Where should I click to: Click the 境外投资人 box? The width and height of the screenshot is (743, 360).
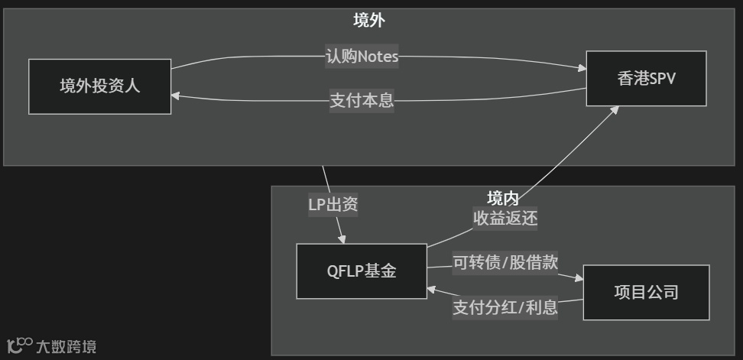click(x=99, y=86)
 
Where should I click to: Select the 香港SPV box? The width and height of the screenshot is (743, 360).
click(x=646, y=79)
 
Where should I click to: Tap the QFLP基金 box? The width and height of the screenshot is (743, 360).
click(x=362, y=271)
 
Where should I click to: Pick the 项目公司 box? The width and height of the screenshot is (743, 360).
click(x=646, y=292)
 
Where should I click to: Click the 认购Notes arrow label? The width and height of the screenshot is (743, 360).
click(x=362, y=57)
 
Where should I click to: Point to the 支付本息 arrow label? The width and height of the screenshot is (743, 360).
click(x=362, y=100)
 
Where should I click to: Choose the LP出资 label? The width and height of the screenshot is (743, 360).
click(x=333, y=204)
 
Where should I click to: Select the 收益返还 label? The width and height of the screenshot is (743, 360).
click(x=505, y=219)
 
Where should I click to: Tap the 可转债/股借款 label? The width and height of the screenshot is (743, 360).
click(x=505, y=263)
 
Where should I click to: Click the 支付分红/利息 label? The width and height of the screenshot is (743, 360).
click(x=505, y=307)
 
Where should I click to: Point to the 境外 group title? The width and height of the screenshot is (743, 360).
click(x=368, y=21)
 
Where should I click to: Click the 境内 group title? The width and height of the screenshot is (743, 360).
click(x=503, y=198)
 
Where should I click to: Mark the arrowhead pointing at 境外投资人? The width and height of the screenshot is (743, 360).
click(x=176, y=96)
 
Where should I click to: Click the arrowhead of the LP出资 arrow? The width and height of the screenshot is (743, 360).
click(x=342, y=238)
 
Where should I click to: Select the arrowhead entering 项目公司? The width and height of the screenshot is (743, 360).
click(x=579, y=280)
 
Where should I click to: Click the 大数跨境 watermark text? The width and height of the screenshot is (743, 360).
click(x=66, y=347)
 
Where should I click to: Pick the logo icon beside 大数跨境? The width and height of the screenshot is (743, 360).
click(x=19, y=345)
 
